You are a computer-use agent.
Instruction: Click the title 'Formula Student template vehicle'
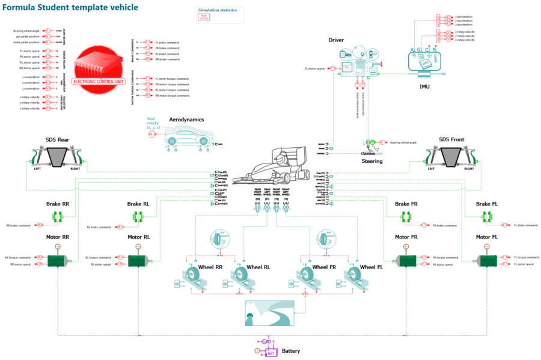[x=71, y=7]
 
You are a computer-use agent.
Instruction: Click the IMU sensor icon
[x=423, y=63]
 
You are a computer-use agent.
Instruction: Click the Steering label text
[x=371, y=161]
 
